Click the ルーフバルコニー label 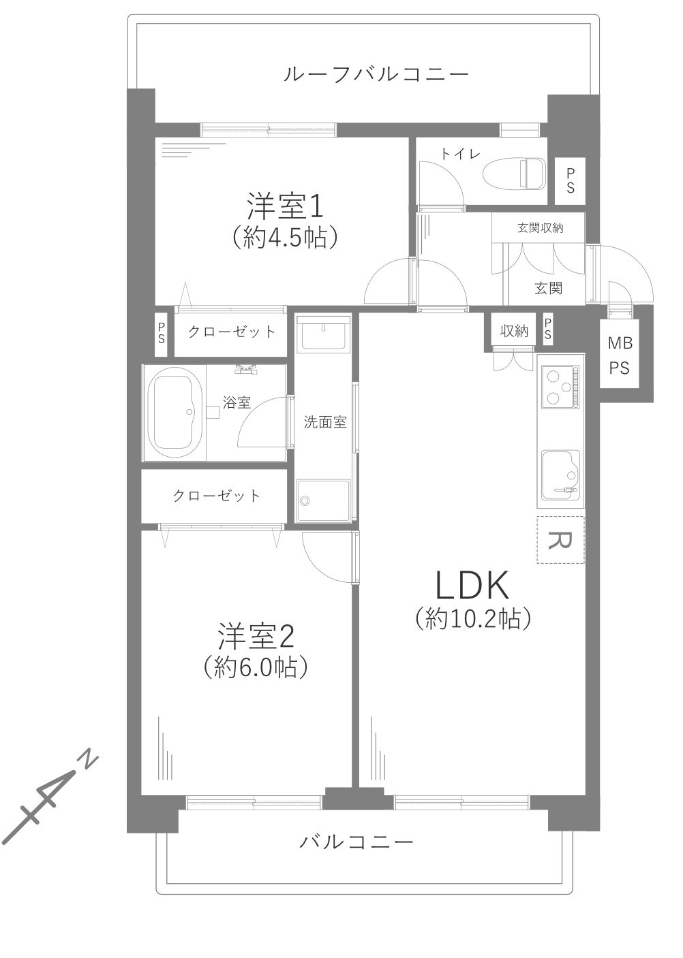click(376, 74)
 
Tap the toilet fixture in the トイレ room click(515, 174)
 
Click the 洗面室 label click(325, 422)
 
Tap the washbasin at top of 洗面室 click(323, 334)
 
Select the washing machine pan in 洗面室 click(323, 501)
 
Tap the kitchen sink click(560, 473)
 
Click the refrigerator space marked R click(560, 540)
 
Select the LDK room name click(472, 586)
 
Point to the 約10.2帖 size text click(472, 618)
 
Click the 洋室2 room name click(256, 637)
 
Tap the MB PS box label click(620, 356)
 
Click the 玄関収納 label click(541, 227)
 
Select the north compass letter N click(89, 760)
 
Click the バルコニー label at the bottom click(356, 842)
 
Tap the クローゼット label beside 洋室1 click(232, 332)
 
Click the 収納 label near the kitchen click(515, 331)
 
